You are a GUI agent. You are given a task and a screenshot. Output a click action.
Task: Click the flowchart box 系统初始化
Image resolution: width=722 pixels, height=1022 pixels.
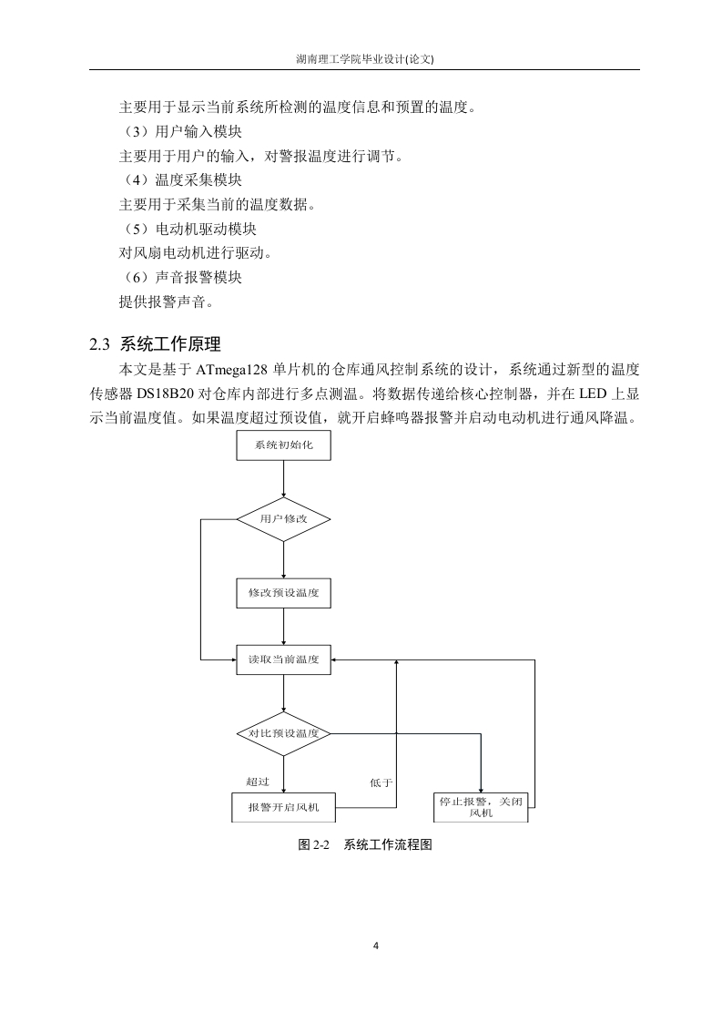click(283, 445)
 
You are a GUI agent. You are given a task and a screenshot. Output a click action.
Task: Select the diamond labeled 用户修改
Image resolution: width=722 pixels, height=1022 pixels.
click(283, 519)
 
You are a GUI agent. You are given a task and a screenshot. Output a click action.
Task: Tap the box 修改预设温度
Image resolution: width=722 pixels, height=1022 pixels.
click(283, 593)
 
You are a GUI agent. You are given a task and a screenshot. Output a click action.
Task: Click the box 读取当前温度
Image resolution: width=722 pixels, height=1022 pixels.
click(283, 659)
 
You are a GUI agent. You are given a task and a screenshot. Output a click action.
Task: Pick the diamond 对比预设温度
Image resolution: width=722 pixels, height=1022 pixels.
click(283, 734)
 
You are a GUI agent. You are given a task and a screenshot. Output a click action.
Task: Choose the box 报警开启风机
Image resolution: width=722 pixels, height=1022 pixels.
click(283, 808)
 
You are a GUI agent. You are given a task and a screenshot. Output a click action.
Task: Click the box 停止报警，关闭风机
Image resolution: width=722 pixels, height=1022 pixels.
click(481, 808)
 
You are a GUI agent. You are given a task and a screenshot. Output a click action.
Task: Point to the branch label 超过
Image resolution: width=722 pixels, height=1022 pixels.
click(258, 782)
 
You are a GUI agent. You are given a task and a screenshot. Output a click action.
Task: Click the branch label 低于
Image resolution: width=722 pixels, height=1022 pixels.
click(381, 782)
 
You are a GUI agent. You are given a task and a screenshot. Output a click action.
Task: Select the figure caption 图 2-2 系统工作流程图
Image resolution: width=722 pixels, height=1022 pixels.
click(365, 844)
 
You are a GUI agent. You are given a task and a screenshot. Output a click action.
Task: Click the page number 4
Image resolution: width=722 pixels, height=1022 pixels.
click(376, 945)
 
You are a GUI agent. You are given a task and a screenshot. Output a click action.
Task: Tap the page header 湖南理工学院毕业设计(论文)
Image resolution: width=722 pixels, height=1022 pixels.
click(365, 58)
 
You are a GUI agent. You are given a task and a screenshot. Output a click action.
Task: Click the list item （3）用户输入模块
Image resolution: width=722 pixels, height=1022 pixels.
click(180, 132)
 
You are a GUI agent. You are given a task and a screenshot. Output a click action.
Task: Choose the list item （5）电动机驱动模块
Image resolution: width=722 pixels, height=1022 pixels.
click(188, 229)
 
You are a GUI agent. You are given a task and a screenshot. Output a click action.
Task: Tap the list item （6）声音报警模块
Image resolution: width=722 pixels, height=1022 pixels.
click(180, 278)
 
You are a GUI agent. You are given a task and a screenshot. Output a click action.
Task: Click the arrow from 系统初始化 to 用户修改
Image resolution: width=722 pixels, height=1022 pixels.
click(283, 479)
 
